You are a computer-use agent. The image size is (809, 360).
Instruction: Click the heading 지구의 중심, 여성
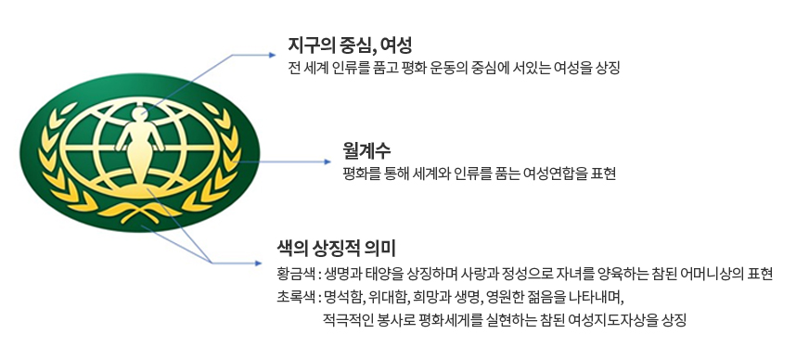(350, 45)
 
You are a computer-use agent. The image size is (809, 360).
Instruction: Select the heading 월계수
(366, 150)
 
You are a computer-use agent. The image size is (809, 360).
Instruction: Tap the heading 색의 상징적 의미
(337, 249)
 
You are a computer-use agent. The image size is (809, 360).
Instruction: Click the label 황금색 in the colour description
(297, 275)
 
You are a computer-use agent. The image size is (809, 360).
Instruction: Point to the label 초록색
(297, 298)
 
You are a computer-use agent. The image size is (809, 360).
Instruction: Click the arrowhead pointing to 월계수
(326, 162)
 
